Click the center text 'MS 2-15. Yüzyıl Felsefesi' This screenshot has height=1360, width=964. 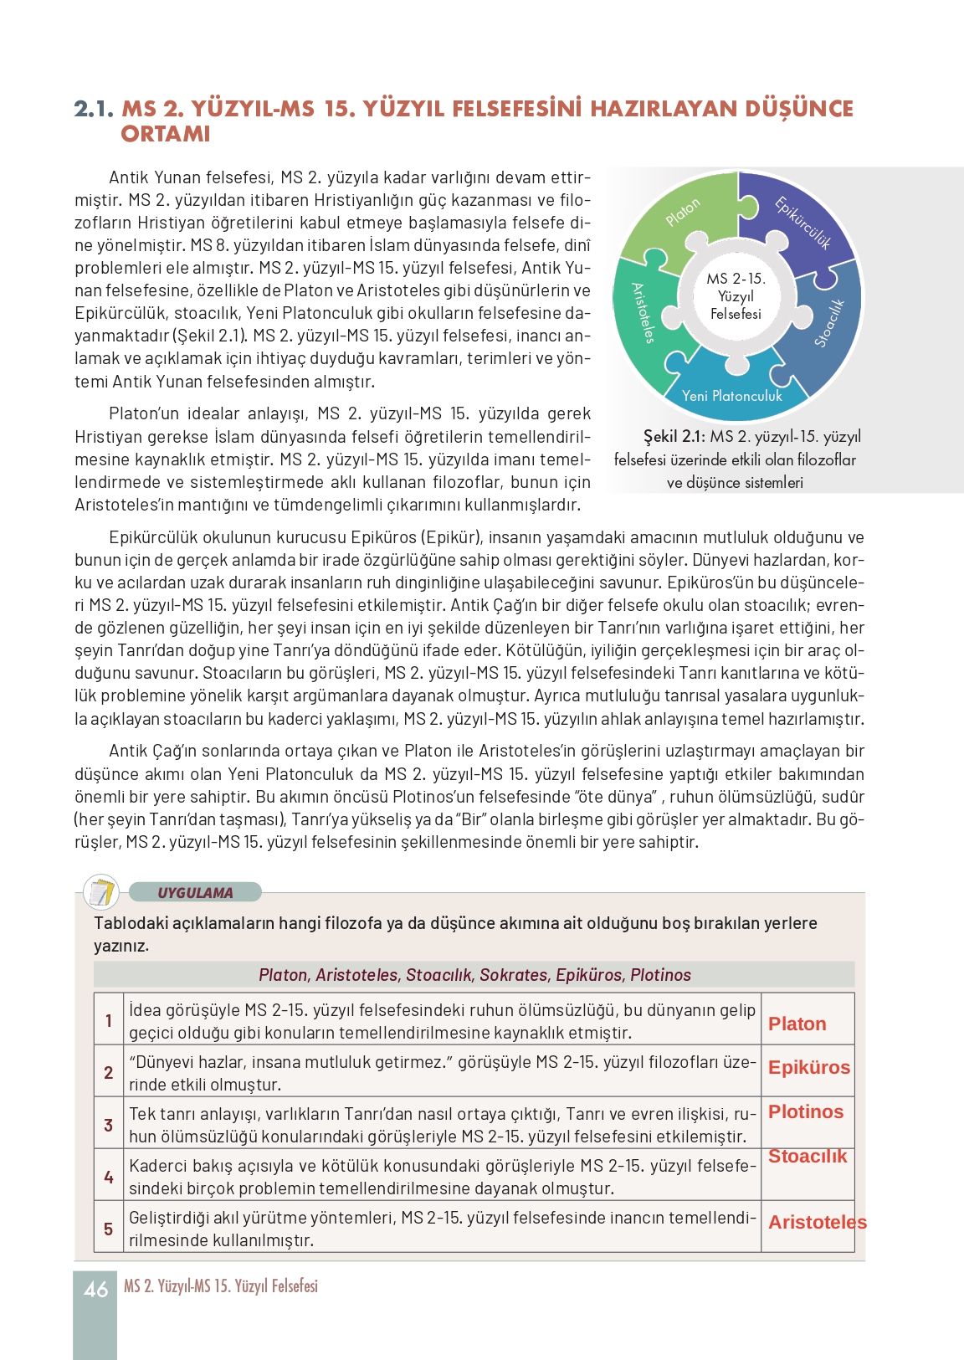click(x=736, y=296)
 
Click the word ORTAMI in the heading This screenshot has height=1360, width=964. click(x=166, y=134)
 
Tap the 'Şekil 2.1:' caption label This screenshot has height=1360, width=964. click(x=674, y=436)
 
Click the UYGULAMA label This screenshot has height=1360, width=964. click(x=195, y=892)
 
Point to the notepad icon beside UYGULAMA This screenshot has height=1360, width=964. click(x=102, y=892)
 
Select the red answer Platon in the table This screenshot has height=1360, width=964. click(x=797, y=1024)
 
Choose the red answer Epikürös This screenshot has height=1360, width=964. click(x=808, y=1067)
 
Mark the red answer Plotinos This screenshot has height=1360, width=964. click(x=806, y=1111)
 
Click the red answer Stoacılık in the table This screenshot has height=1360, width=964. click(x=808, y=1156)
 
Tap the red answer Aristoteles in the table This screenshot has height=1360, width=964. click(x=817, y=1222)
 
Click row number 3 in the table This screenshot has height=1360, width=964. click(x=109, y=1125)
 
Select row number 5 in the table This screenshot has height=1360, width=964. click(x=109, y=1229)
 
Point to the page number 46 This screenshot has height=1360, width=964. click(x=95, y=1290)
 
